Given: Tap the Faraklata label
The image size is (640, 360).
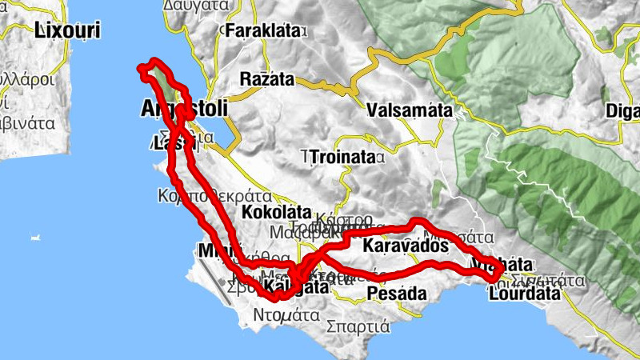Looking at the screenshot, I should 265,31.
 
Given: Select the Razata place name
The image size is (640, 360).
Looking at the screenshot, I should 268,81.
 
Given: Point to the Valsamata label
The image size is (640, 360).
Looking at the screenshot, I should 410,110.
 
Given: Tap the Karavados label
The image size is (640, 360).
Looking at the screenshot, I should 405,246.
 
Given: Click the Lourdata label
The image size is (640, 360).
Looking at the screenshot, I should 524,294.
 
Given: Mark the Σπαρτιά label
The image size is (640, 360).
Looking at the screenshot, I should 358,326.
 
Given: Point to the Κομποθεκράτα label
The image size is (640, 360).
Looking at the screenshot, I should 215,195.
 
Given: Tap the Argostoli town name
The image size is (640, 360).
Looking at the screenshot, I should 183,107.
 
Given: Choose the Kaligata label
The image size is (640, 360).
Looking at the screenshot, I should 295,286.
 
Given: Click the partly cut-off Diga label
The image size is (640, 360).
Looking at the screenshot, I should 623,110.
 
